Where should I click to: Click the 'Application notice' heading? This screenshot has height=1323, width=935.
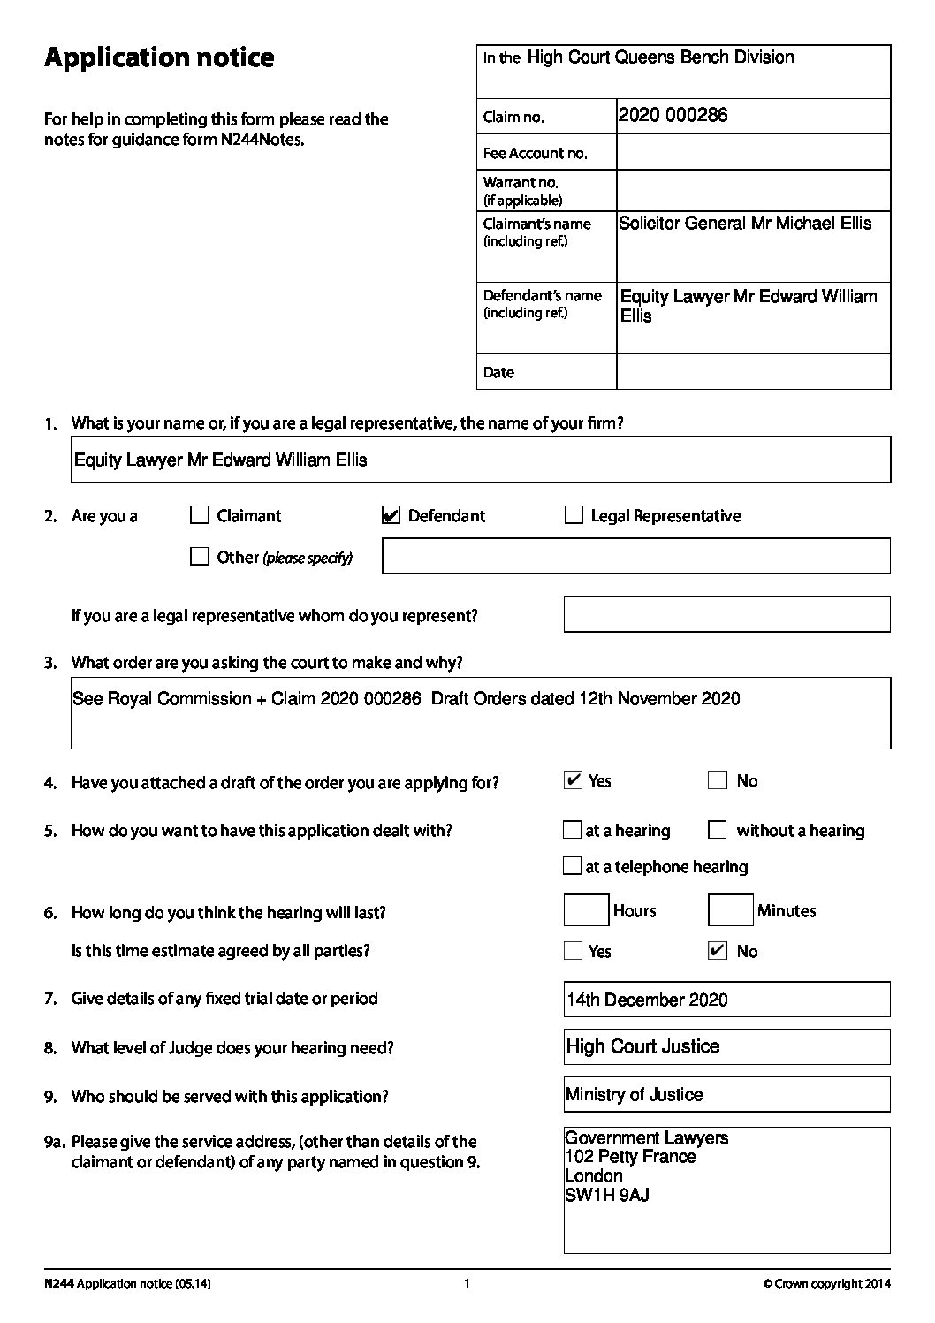[x=159, y=58]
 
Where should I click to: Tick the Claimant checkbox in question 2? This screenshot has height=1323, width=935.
[x=200, y=515]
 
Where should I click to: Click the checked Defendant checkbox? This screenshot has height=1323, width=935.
[x=391, y=515]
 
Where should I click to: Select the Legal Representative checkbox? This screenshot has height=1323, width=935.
[x=574, y=515]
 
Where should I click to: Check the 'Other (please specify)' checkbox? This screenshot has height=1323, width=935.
[x=200, y=557]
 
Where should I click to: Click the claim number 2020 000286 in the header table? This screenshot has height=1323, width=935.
[x=673, y=116]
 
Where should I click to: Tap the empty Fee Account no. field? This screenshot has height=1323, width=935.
[x=753, y=153]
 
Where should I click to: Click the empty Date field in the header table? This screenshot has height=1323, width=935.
[x=753, y=372]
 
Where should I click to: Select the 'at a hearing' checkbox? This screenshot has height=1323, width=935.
[x=572, y=830]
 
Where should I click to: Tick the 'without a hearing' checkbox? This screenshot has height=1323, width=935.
[x=718, y=830]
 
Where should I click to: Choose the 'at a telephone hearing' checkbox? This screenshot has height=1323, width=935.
[x=572, y=866]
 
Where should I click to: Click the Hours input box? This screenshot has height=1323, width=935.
[x=586, y=911]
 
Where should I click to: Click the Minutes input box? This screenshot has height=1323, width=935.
[x=731, y=911]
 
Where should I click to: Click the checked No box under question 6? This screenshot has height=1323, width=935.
[x=718, y=951]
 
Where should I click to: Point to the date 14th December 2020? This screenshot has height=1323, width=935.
[x=648, y=1000]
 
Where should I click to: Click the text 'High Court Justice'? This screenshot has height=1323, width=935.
[x=643, y=1047]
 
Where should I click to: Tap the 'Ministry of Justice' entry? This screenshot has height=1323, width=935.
[x=635, y=1095]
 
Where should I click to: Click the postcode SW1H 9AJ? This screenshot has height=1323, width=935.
[x=607, y=1196]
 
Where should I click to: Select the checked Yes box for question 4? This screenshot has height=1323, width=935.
[x=573, y=780]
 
